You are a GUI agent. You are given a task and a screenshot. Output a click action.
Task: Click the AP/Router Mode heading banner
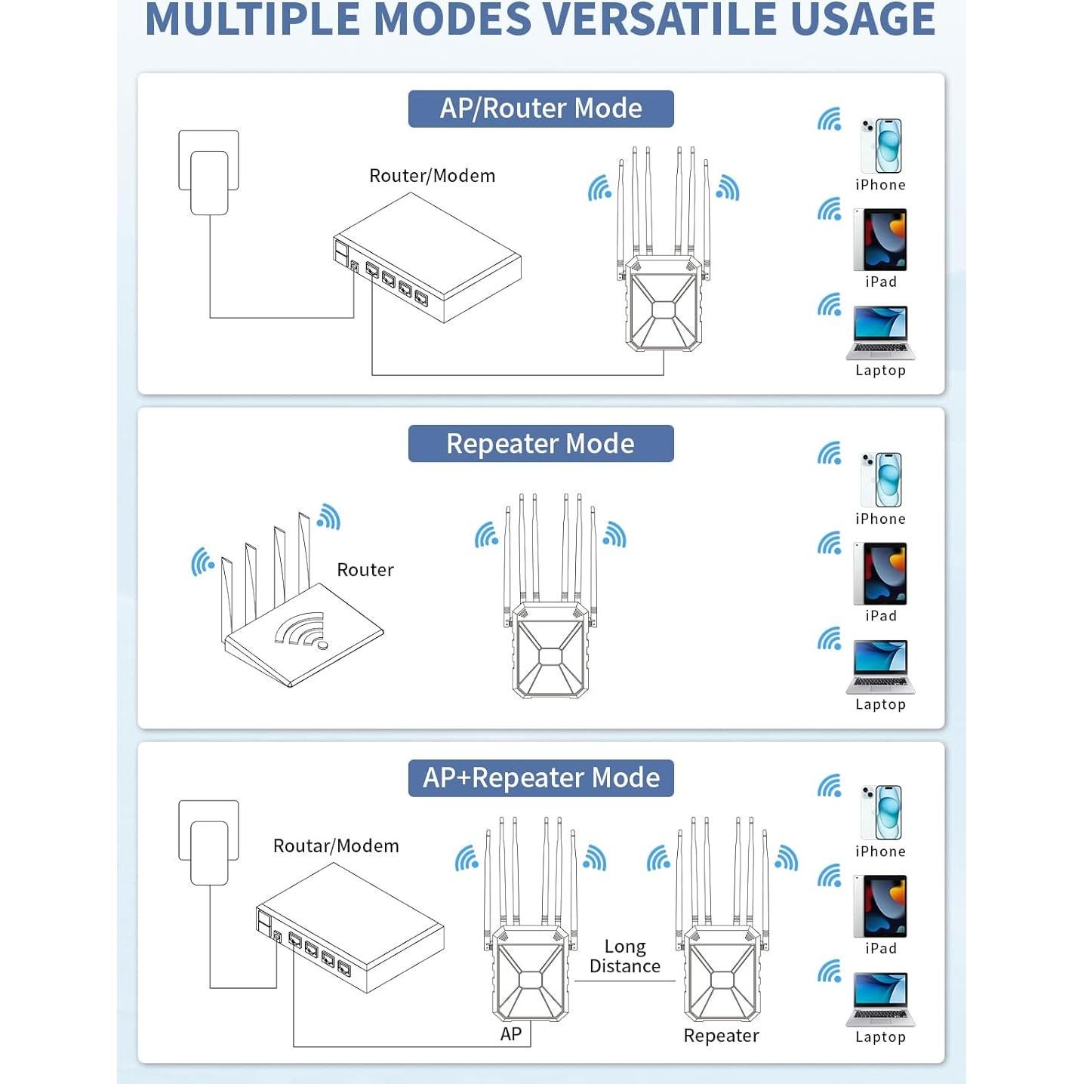[540, 109]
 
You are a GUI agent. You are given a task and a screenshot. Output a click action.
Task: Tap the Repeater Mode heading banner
[540, 443]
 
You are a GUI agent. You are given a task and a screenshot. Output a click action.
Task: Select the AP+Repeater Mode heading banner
[540, 778]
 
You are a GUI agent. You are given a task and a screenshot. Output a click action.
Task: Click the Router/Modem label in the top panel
[432, 176]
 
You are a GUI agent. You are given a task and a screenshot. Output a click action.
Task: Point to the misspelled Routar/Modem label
[336, 846]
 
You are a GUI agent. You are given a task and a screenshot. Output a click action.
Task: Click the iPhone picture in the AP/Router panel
[881, 146]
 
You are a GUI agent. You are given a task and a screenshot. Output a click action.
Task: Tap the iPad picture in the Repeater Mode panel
[880, 574]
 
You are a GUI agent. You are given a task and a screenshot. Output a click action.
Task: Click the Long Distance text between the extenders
[625, 956]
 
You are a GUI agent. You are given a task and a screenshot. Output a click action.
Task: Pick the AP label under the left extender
[511, 1034]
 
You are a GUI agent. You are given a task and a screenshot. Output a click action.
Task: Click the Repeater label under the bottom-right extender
[721, 1036]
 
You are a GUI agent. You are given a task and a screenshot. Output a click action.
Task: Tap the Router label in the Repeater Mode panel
[365, 570]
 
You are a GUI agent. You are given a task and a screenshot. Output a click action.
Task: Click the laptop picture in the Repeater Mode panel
[880, 666]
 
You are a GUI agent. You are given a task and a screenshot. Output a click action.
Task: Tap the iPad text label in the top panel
[881, 282]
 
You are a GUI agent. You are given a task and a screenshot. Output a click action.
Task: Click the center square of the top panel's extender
[663, 310]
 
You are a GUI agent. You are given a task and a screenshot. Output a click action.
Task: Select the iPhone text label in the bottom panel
[880, 851]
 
